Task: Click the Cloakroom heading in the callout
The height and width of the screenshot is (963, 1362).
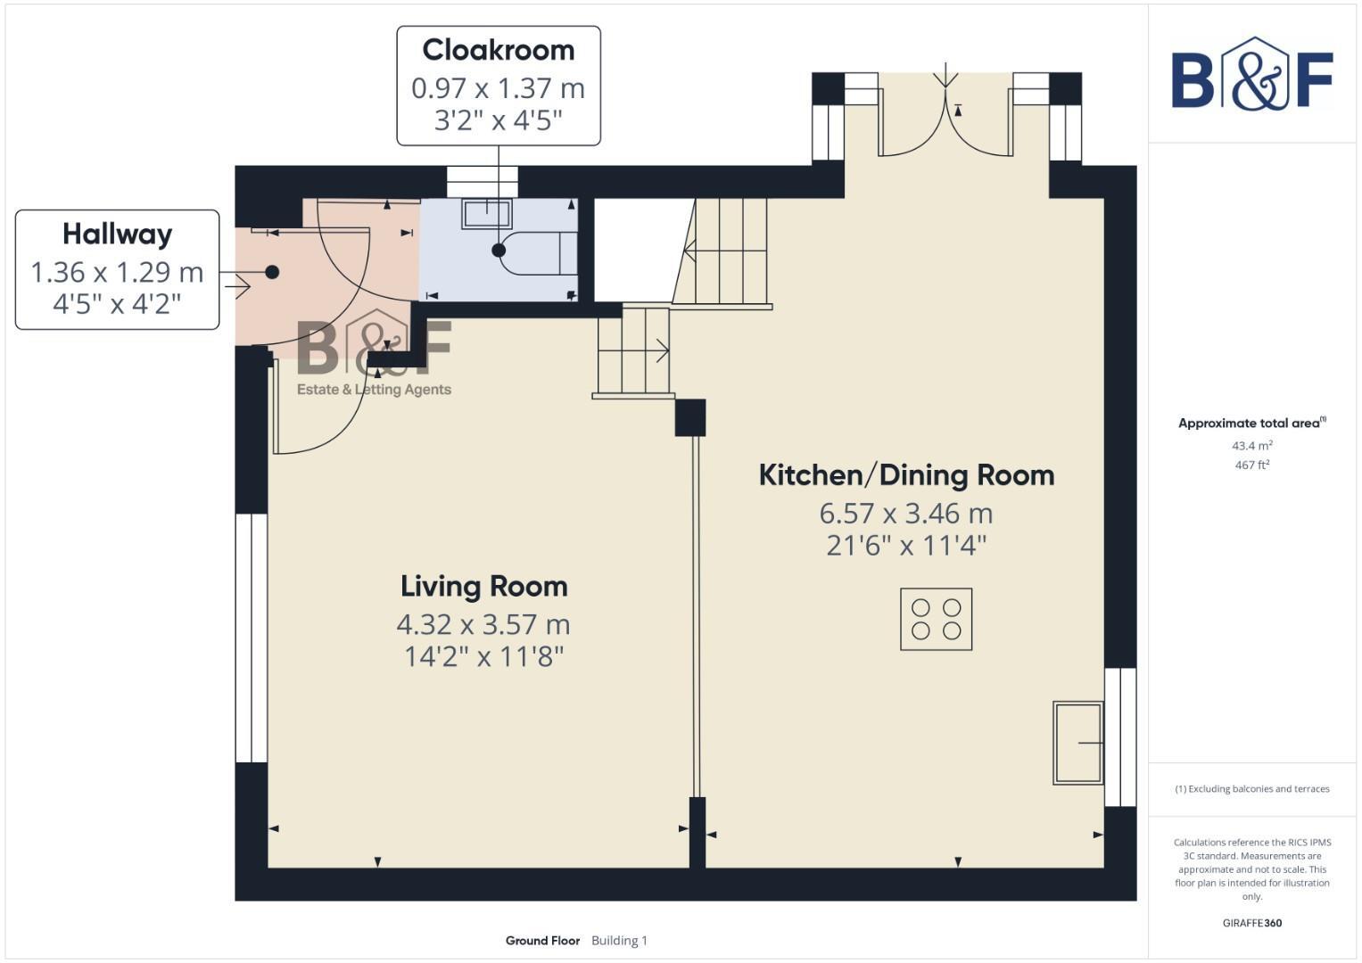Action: click(x=498, y=50)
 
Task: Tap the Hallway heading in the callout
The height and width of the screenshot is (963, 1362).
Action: click(x=117, y=235)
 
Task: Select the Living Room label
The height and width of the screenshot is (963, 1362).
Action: click(x=483, y=587)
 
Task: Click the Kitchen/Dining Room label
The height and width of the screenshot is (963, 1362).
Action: click(x=906, y=475)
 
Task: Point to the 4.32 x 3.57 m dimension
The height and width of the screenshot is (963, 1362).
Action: click(x=483, y=624)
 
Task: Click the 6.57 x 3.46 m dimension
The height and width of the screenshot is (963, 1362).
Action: click(x=906, y=514)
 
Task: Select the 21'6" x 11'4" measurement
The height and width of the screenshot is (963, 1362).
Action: click(x=906, y=545)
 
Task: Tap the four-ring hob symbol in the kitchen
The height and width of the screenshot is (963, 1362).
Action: click(x=936, y=620)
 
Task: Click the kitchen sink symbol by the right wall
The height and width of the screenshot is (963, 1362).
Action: click(x=1077, y=743)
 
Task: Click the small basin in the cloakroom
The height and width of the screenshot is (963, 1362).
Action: click(x=487, y=214)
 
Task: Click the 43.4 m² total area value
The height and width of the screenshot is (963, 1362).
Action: click(x=1251, y=446)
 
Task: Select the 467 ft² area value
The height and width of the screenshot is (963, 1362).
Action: click(x=1251, y=465)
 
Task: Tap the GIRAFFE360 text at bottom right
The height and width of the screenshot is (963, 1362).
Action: click(x=1251, y=923)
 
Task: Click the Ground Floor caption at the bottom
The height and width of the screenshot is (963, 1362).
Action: click(x=542, y=941)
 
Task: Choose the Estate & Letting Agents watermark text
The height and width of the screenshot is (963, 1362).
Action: click(x=374, y=390)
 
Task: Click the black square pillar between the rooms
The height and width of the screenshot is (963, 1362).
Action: click(x=690, y=417)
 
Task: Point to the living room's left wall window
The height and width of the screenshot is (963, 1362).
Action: click(x=252, y=638)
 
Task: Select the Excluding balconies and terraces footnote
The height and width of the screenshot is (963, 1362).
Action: click(x=1251, y=789)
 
